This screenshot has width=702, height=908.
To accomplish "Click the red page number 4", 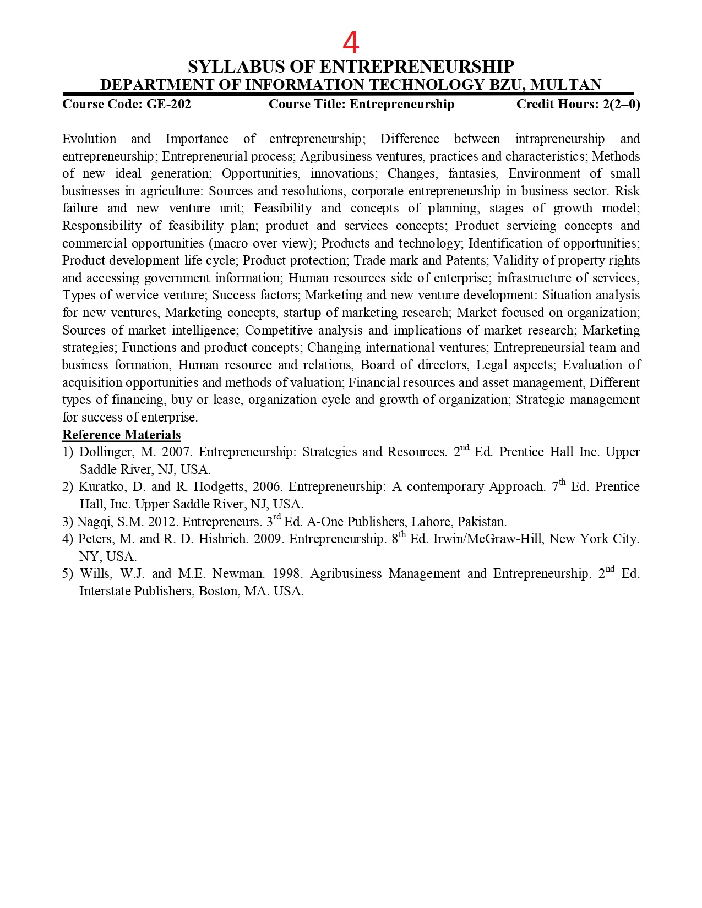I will point(351,42).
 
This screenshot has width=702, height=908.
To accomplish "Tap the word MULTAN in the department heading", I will point(566,85).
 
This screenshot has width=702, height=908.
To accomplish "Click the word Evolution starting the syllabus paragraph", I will point(89,139).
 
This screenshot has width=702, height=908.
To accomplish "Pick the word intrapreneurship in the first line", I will point(559,139).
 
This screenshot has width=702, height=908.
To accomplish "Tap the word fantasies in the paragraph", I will point(473,173).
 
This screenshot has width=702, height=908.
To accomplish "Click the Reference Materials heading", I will point(121,435).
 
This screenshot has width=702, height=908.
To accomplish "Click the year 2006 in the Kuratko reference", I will point(266,487).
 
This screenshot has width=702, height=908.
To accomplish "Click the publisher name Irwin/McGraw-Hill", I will point(487,539).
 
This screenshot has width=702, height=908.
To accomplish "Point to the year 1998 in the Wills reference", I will point(286,573).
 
